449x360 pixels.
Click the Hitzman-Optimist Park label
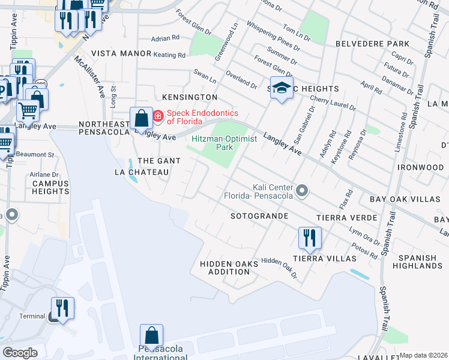224,143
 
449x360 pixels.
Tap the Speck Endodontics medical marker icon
158,116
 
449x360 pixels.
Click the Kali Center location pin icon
303,191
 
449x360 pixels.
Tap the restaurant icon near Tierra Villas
310,238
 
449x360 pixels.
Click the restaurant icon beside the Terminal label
62,308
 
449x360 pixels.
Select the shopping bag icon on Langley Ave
142,118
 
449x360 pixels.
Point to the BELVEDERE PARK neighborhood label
372,44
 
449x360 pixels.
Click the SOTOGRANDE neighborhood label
259,216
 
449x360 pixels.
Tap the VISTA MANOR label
121,53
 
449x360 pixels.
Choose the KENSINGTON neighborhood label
185,97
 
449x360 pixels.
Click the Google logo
20,353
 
